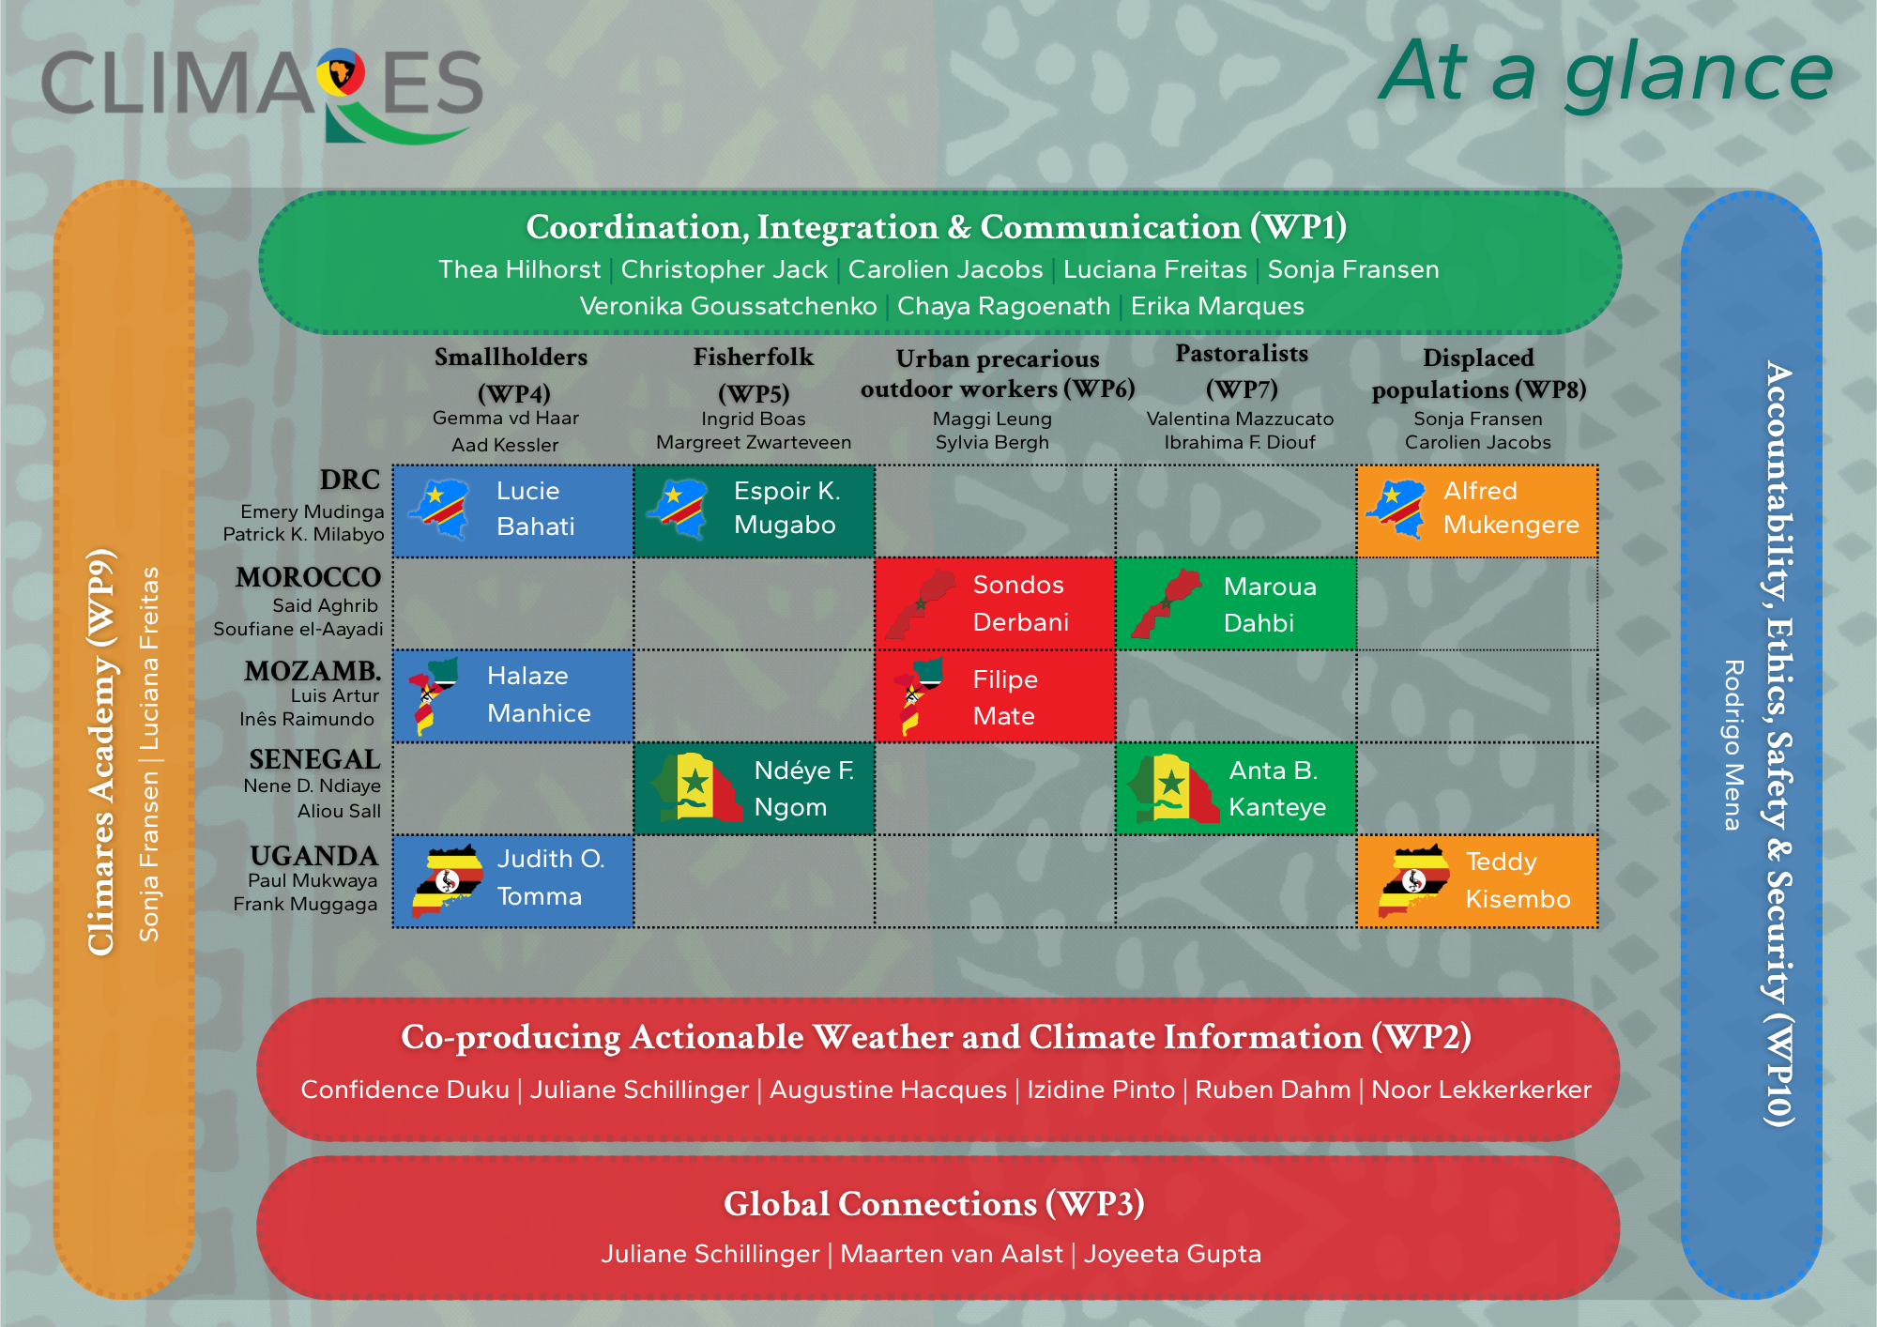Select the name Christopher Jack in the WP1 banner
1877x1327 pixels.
click(x=725, y=269)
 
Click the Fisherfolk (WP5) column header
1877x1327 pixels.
click(x=754, y=374)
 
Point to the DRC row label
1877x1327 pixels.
click(x=350, y=480)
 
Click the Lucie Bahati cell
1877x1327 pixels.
click(x=513, y=511)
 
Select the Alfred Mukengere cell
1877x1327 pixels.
click(x=1477, y=511)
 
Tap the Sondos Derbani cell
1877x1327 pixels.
click(x=995, y=603)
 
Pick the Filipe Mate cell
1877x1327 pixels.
click(x=995, y=696)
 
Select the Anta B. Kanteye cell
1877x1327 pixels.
click(x=1236, y=789)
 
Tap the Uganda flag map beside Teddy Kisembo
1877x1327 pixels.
click(x=1415, y=880)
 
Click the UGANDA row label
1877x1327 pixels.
click(x=314, y=856)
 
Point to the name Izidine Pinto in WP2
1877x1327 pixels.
click(x=1101, y=1090)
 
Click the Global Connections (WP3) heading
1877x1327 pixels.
click(x=934, y=1204)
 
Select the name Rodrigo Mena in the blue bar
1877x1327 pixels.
click(x=1733, y=745)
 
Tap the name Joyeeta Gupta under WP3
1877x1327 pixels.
click(x=1172, y=1254)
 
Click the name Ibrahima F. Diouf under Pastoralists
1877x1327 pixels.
click(x=1240, y=442)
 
